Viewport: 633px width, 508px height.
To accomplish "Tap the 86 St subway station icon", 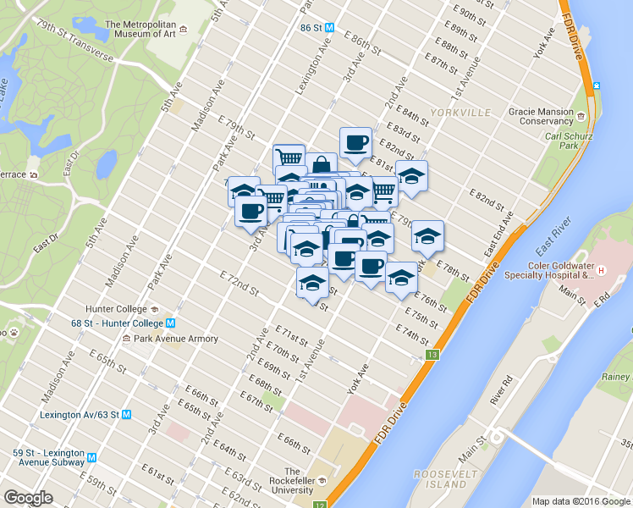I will [330, 27].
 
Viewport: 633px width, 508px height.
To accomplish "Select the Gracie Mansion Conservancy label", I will [541, 116].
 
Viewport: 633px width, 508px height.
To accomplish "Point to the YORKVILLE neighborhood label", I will [460, 113].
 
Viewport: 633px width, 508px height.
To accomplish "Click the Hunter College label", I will [116, 309].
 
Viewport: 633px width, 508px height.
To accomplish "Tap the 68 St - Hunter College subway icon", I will [170, 323].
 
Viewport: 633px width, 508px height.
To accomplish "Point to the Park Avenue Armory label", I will [173, 339].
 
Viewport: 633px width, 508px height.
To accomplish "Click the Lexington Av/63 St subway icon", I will [126, 415].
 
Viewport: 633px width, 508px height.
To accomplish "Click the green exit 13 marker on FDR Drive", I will [433, 354].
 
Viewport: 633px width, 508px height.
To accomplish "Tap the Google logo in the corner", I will [28, 498].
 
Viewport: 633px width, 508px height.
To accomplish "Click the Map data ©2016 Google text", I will [581, 501].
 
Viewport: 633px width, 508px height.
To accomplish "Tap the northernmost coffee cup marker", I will [355, 142].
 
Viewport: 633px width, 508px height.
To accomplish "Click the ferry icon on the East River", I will [597, 86].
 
